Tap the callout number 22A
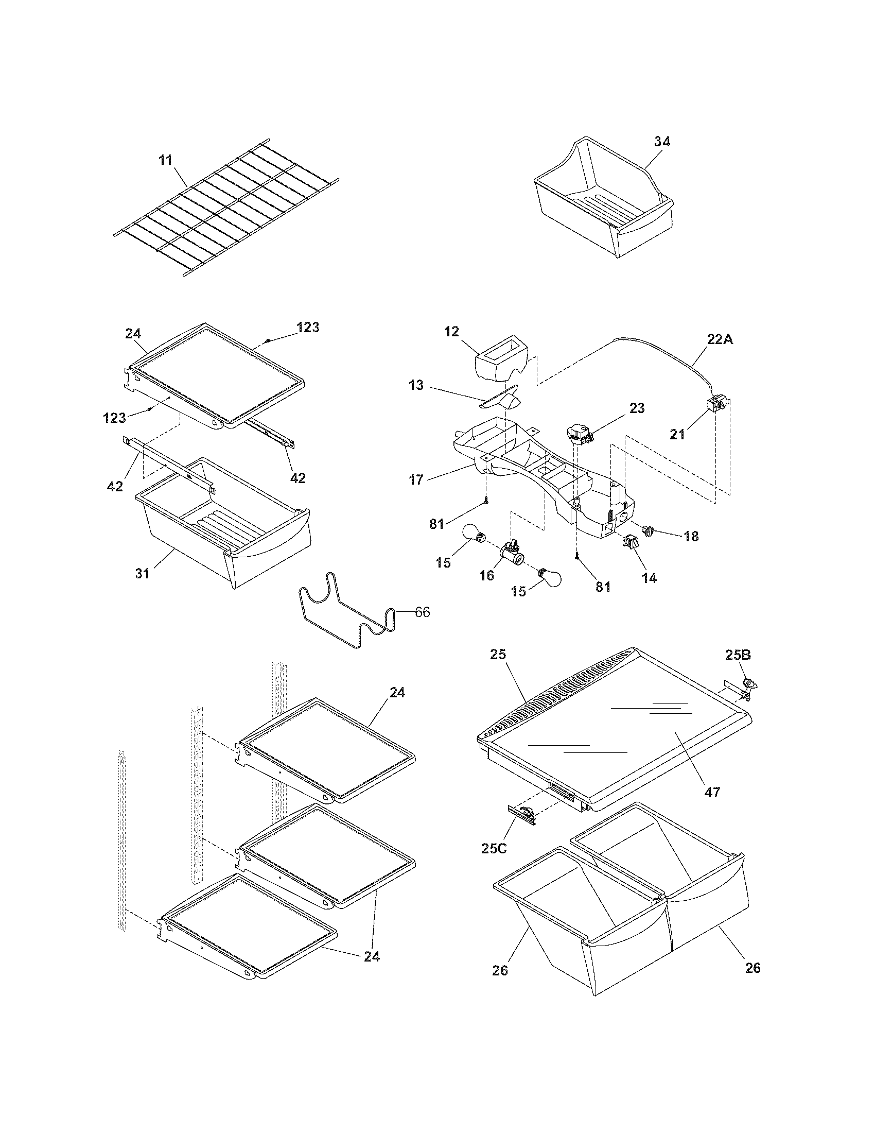tap(721, 339)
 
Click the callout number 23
tap(637, 408)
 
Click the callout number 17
tap(416, 479)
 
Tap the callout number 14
tap(649, 578)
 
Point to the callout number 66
tap(422, 612)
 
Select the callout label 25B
tap(738, 655)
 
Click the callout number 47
tap(713, 792)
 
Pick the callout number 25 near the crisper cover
tap(499, 655)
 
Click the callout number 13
tap(416, 385)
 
